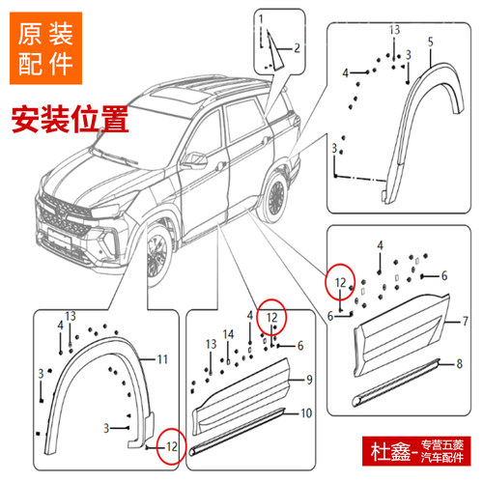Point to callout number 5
pyautogui.click(x=430, y=41)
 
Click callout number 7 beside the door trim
pyautogui.click(x=464, y=320)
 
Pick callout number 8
pyautogui.click(x=463, y=363)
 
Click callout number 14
pyautogui.click(x=228, y=334)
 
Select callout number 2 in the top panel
pyautogui.click(x=297, y=47)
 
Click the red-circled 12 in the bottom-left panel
pyautogui.click(x=169, y=445)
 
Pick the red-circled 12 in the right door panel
pyautogui.click(x=340, y=281)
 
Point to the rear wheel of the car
pyautogui.click(x=276, y=196)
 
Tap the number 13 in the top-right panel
pyautogui.click(x=394, y=32)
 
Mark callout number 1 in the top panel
pyautogui.click(x=260, y=18)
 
